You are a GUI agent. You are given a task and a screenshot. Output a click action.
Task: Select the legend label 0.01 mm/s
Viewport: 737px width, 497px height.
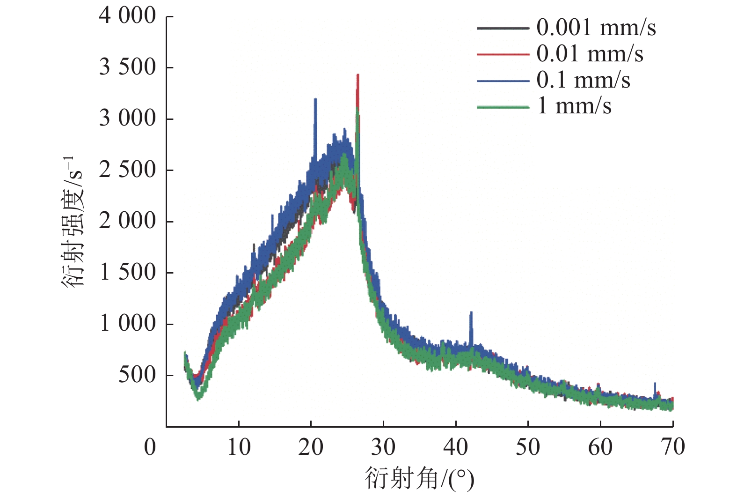click(590, 53)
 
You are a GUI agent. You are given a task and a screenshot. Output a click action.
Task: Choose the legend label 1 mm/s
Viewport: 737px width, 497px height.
click(574, 106)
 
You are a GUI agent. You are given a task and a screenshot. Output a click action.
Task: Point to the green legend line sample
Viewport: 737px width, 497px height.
click(503, 107)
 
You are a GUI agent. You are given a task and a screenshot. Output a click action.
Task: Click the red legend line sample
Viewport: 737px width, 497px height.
click(503, 54)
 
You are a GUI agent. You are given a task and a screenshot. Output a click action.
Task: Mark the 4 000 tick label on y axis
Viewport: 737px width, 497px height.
click(127, 16)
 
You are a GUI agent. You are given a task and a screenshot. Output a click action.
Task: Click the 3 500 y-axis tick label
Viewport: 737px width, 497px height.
click(127, 67)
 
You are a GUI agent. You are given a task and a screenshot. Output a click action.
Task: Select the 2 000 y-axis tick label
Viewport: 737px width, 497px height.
click(127, 221)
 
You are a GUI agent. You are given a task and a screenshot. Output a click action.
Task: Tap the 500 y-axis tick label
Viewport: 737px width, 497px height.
click(137, 375)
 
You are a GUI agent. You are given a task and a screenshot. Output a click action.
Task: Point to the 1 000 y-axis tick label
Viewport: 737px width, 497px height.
click(127, 323)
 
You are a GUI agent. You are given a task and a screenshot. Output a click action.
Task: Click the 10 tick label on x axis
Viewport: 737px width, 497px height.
click(239, 447)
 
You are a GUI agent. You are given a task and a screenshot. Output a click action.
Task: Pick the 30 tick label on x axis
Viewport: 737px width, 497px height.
click(383, 447)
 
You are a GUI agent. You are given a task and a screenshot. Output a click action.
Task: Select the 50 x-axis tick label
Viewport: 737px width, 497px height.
click(528, 447)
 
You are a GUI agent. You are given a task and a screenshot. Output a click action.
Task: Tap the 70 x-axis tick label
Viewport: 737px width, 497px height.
click(673, 447)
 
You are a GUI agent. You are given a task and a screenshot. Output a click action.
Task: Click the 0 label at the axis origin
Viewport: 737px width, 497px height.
click(150, 447)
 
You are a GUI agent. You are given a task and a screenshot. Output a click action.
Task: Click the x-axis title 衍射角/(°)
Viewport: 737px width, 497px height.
click(419, 479)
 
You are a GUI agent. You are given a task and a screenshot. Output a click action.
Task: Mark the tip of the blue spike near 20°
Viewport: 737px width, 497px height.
click(315, 99)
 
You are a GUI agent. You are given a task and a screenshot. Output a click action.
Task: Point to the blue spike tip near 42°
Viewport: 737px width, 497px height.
click(471, 312)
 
